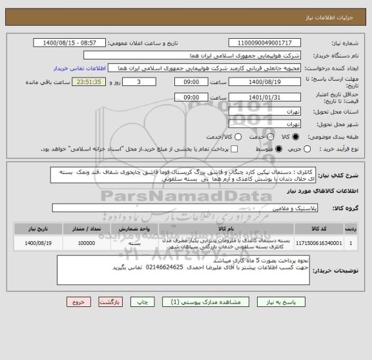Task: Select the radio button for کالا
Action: (296, 137)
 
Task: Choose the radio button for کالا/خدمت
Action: (238, 137)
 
